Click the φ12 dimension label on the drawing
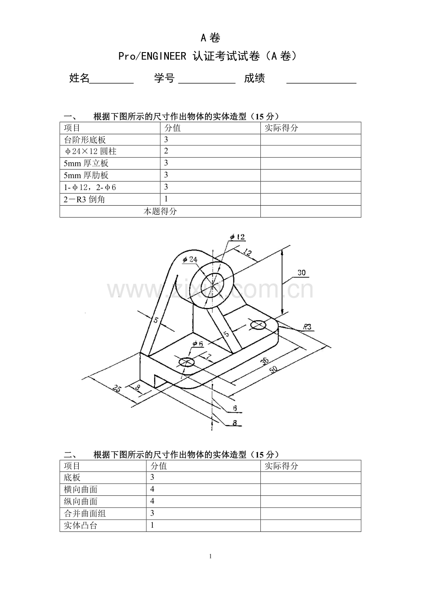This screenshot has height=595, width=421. [x=237, y=237]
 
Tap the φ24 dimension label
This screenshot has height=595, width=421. [x=190, y=259]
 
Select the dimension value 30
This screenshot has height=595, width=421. [x=302, y=272]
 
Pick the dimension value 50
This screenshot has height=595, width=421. [x=273, y=369]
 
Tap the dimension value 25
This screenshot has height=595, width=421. [x=117, y=388]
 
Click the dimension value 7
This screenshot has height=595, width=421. [x=209, y=356]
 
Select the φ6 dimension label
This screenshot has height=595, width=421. [x=198, y=344]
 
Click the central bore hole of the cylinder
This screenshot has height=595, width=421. [x=212, y=286]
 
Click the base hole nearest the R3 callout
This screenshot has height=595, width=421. [x=258, y=324]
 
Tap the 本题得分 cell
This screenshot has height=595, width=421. [x=160, y=211]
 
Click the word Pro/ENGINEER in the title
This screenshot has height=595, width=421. [x=152, y=56]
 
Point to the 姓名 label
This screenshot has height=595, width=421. [x=79, y=78]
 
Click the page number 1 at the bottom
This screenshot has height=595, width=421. [x=210, y=557]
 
